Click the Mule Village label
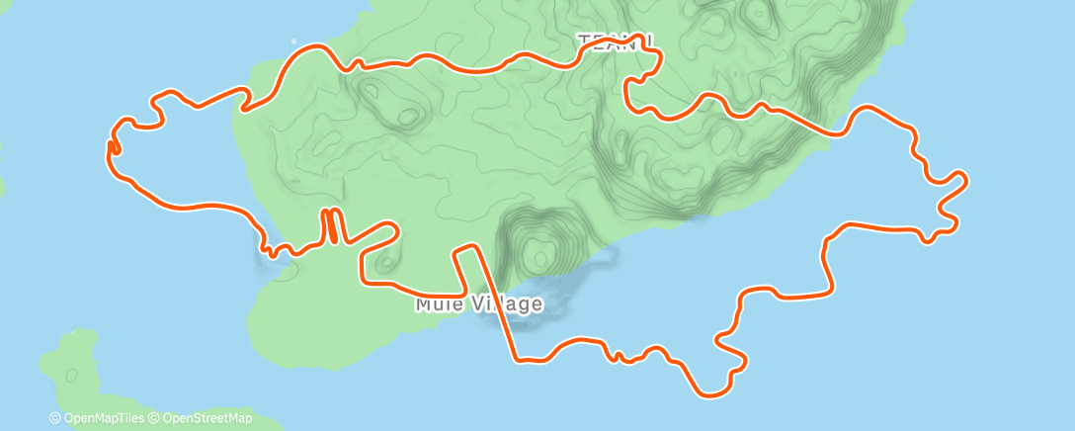[x=479, y=303]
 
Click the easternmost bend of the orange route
[x=963, y=180]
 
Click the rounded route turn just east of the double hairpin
[x=392, y=230]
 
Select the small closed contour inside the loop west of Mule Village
[x=383, y=263]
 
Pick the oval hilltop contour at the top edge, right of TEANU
[x=757, y=14]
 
